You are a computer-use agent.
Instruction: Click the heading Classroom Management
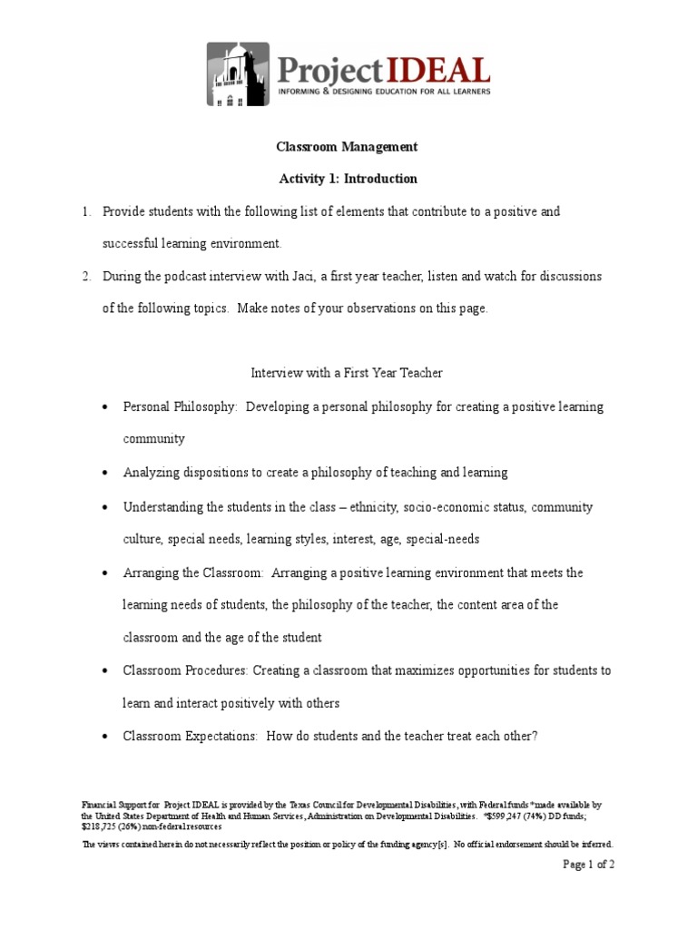(347, 146)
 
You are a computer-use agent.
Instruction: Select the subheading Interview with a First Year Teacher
(346, 373)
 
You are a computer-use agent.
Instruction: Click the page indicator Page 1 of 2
(588, 865)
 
